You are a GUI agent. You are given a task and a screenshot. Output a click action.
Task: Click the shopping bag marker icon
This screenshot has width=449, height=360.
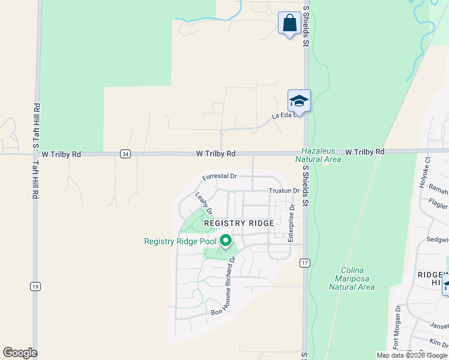coord(289,24)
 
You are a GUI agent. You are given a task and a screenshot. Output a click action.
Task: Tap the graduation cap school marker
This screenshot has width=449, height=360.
coord(299,101)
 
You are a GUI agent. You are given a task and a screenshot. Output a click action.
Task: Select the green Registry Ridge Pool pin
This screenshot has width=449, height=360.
coord(226,241)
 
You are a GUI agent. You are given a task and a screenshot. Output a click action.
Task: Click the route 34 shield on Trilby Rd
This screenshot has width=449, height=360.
coord(124,154)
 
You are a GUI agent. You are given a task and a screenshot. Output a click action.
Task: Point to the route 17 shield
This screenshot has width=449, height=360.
coord(305,263)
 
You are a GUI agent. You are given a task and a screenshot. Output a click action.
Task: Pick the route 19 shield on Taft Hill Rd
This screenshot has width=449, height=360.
coord(35,287)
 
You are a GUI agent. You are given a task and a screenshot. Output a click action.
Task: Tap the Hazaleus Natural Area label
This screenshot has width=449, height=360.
coord(318,155)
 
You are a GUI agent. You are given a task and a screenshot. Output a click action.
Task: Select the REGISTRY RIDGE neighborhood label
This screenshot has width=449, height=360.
coord(239,223)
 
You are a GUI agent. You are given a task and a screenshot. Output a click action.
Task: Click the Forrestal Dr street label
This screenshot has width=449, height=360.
coord(220,177)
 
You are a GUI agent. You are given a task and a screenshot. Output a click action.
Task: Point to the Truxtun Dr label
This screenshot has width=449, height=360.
coord(284,190)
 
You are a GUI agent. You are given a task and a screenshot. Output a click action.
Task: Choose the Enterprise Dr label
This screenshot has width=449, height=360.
coord(291,223)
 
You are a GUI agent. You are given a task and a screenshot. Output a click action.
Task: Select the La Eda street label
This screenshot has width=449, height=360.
coord(283,115)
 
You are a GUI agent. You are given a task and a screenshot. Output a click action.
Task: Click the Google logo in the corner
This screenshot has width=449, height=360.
coord(20,353)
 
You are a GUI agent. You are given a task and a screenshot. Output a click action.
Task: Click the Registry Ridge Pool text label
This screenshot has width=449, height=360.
coord(180,242)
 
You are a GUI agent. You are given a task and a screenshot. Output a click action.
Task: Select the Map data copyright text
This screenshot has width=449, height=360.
coord(412,355)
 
